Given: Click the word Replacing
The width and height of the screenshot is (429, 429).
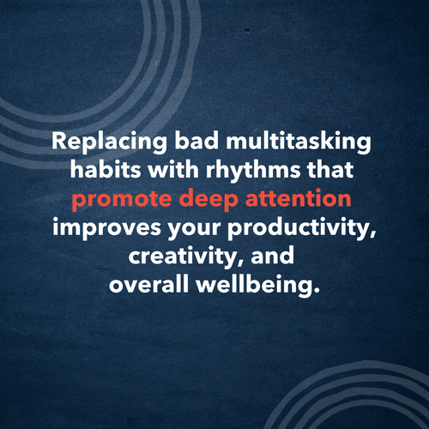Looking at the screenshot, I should click(x=95, y=142).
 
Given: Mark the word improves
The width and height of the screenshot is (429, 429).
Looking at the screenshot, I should click(x=95, y=231).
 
